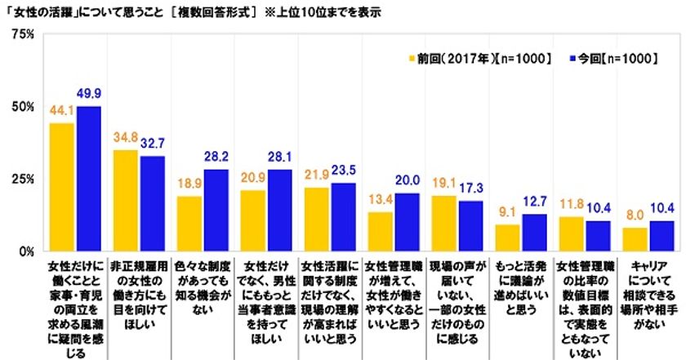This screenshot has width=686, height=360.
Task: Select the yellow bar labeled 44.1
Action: [62, 187]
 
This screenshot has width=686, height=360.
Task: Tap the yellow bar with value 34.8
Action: [126, 201]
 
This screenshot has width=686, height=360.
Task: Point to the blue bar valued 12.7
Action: [534, 233]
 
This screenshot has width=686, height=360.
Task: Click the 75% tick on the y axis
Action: [21, 34]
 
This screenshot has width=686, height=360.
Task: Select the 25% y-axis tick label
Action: [21, 179]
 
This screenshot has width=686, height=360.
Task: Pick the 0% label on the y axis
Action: [24, 251]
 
